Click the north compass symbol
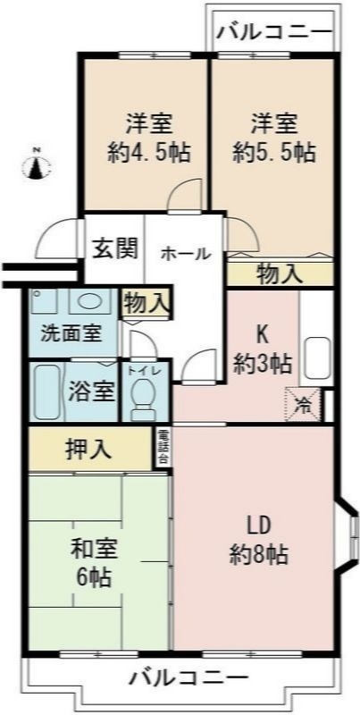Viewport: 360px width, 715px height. coord(36,164)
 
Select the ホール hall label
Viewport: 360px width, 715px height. coord(185,253)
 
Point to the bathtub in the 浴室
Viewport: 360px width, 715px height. coord(45,391)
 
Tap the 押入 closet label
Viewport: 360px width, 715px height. coord(88,449)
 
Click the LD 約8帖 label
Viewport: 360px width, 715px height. coord(259,539)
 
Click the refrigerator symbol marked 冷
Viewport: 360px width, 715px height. coord(303,403)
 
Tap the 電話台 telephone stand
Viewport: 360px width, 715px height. coord(163,447)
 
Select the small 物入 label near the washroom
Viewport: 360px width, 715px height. coord(145,302)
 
